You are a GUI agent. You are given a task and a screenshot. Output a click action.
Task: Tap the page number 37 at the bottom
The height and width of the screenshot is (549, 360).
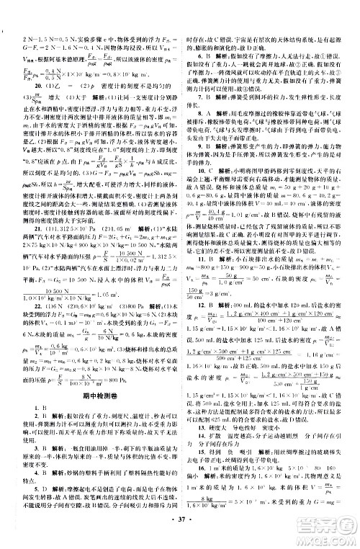[179, 537]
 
